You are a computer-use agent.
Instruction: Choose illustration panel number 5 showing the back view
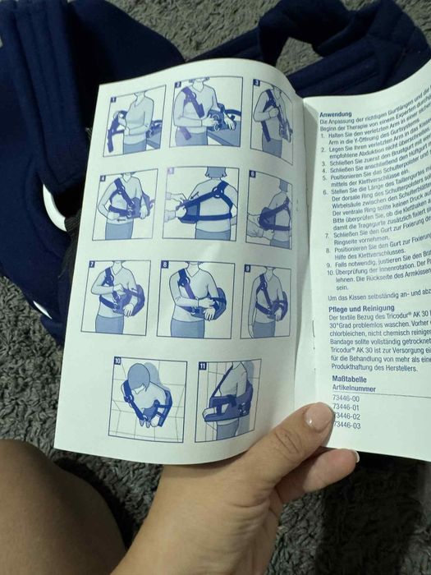pos(201,205)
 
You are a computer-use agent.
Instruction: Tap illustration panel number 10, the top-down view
pos(148,398)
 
